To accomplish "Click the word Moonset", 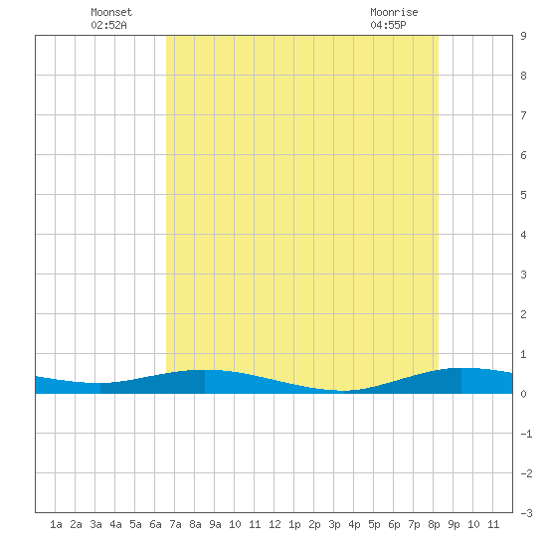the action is point(111,12).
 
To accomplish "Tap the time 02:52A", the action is point(108,25).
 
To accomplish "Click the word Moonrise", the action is point(394,12).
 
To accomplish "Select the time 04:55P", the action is point(388,25).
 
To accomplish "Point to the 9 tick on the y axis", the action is point(523,36).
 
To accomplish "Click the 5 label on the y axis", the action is point(523,195).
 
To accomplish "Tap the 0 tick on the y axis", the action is point(523,394).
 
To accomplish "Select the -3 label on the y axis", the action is point(526,513).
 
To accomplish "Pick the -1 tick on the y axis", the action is point(526,434).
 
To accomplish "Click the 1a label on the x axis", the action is point(56,524).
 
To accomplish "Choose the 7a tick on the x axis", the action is point(175,524).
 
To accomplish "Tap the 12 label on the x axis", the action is point(274,524).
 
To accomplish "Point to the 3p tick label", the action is point(334,524).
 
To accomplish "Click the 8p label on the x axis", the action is point(434,524).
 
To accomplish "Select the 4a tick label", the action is point(115,524).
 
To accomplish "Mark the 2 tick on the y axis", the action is point(523,314).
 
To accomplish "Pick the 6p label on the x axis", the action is point(394,524).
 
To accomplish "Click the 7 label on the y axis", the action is point(523,115).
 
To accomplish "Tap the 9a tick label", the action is point(215,524).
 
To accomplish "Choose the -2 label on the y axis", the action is point(526,473).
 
